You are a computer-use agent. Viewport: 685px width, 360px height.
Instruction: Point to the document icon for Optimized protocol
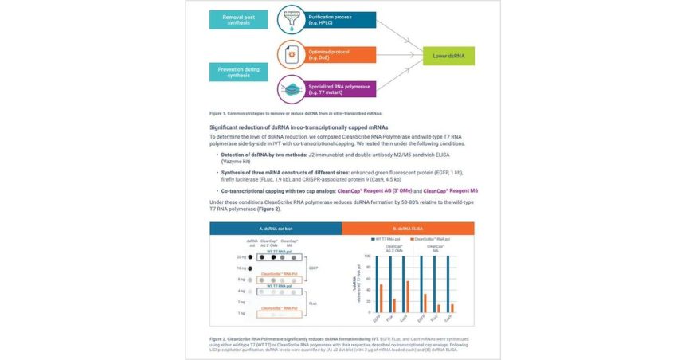point(288,54)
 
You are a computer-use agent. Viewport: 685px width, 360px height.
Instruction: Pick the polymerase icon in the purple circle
point(288,88)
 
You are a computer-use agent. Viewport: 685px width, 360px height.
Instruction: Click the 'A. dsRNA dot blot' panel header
point(276,229)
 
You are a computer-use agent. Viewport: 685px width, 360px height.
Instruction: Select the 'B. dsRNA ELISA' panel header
point(409,229)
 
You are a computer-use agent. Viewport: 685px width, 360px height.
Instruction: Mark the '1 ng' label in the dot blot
point(242,314)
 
